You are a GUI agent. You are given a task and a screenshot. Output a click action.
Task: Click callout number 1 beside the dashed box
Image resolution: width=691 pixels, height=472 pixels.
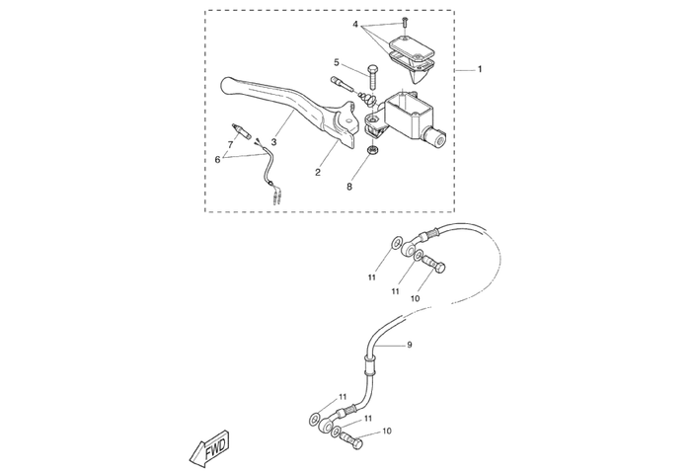(x=480, y=70)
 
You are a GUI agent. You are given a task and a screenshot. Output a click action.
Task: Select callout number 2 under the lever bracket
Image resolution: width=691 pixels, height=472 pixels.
(x=318, y=173)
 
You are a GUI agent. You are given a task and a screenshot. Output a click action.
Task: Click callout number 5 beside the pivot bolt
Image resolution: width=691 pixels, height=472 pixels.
(x=336, y=62)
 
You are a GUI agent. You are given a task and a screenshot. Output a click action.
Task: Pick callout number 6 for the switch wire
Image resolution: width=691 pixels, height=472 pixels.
(x=218, y=158)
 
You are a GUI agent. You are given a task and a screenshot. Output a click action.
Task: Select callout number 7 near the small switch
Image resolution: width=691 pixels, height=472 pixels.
(x=230, y=144)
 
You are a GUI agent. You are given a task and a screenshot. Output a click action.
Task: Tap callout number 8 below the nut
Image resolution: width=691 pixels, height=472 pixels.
(x=348, y=186)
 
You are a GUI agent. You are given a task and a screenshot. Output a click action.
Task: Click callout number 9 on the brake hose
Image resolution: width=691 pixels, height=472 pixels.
(x=409, y=345)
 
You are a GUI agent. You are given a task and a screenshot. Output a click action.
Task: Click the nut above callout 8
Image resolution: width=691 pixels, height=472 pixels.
(x=373, y=150)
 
